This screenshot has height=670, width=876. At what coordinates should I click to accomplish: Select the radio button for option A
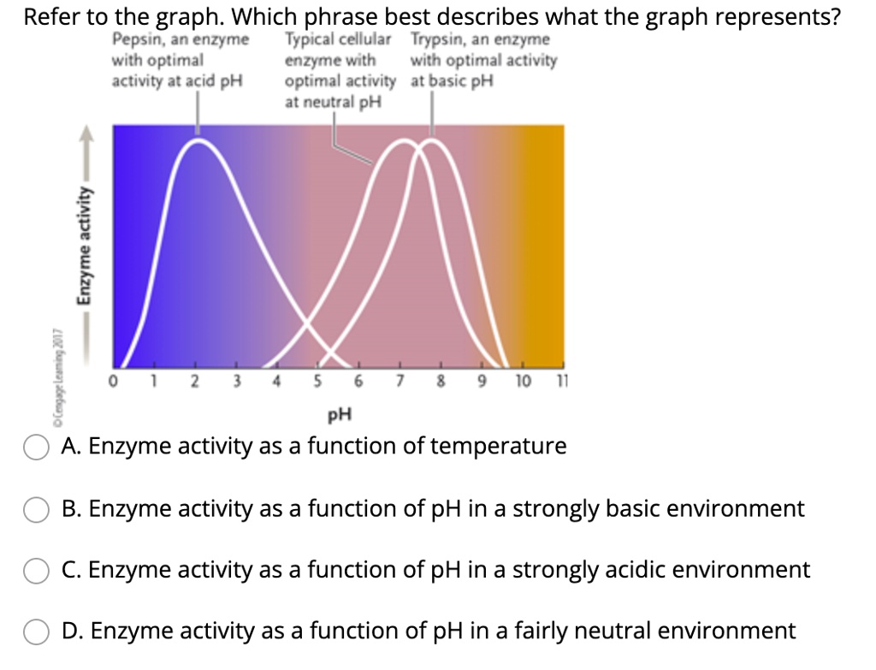tap(35, 448)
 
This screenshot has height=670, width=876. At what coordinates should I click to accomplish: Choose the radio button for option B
tap(35, 510)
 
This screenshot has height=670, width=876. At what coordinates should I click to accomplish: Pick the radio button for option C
tap(35, 571)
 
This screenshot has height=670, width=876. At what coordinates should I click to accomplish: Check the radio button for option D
tap(35, 632)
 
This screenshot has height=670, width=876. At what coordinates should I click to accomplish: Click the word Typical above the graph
tap(309, 40)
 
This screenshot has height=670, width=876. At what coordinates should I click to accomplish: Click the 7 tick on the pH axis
tap(400, 381)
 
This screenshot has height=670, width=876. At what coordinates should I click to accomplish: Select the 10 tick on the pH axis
tap(522, 381)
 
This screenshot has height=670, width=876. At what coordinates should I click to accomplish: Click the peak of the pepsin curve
tap(199, 140)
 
